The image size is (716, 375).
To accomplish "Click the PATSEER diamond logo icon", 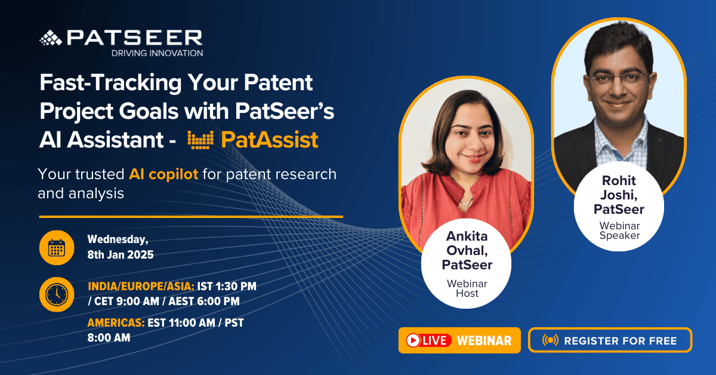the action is (51, 38).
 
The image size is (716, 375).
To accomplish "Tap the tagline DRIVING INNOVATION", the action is (158, 53).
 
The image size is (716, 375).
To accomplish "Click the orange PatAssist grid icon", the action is (200, 140).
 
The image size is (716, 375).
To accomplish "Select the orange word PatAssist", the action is (270, 140).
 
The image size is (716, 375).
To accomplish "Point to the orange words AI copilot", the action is (163, 174).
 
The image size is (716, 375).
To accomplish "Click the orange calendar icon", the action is (57, 248).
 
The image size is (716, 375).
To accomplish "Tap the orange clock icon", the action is (57, 294).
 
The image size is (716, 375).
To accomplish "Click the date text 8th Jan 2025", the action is (121, 255).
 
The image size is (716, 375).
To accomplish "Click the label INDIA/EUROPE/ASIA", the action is (141, 287).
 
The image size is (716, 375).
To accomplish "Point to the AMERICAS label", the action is (116, 323).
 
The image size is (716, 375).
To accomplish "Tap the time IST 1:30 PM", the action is (227, 287).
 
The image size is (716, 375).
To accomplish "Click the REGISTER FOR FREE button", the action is (610, 340).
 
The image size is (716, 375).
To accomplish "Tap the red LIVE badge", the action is (428, 340).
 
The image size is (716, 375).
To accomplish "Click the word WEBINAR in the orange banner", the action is (484, 341).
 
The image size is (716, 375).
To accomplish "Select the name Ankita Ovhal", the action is (467, 243).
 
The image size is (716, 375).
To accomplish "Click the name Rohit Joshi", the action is (619, 187).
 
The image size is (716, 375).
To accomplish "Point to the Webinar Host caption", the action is (467, 288).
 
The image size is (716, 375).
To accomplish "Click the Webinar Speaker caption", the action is (619, 230).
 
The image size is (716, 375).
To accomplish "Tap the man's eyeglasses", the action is (619, 79).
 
